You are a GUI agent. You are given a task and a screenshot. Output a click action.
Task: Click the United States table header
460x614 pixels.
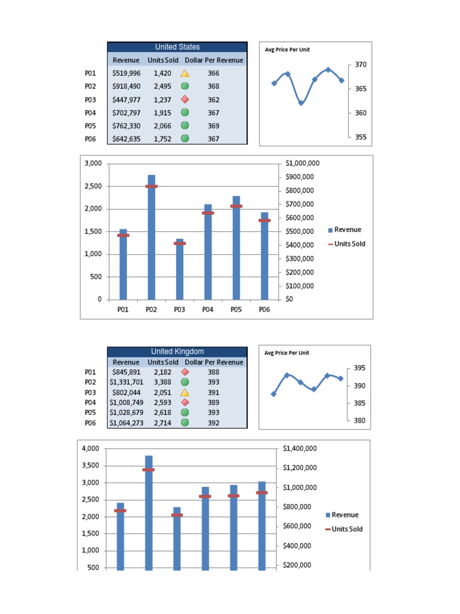(x=177, y=47)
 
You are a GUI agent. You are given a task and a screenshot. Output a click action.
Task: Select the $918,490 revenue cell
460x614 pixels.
(x=126, y=86)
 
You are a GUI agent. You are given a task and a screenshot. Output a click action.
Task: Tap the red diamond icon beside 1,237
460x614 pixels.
(x=184, y=100)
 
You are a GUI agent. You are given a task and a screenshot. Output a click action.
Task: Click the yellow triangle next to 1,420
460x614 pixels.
(x=184, y=73)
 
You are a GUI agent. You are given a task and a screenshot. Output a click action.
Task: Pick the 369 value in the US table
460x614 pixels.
(x=214, y=126)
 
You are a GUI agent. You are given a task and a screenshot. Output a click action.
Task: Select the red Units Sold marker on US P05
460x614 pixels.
(x=237, y=206)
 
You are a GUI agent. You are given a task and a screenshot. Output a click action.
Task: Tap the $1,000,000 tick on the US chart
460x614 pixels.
(x=302, y=163)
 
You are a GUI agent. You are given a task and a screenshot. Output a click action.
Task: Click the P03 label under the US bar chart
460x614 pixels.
(x=180, y=310)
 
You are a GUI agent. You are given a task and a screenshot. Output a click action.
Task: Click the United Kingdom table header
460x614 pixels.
(x=177, y=351)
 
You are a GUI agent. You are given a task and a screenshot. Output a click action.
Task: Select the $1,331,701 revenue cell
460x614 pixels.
(x=126, y=382)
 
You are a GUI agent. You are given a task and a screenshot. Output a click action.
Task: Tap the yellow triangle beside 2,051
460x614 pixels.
(x=184, y=392)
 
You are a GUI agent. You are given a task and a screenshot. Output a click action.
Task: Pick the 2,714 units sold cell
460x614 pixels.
(x=163, y=423)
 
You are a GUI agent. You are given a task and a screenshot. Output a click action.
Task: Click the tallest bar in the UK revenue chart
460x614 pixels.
(x=149, y=513)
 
